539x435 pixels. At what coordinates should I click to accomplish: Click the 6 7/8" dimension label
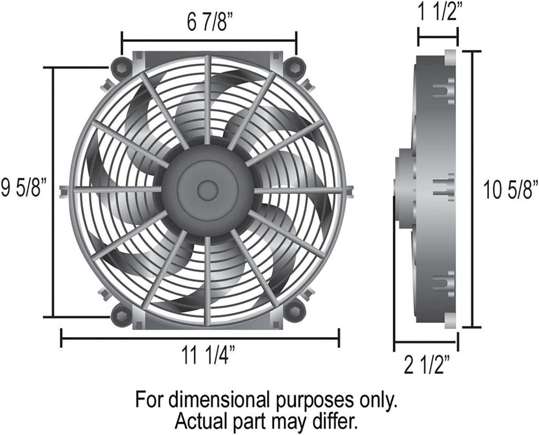pos(210,22)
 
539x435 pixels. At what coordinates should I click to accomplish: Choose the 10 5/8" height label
pos(511,190)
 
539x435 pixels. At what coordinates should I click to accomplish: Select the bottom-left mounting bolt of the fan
pos(122,315)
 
